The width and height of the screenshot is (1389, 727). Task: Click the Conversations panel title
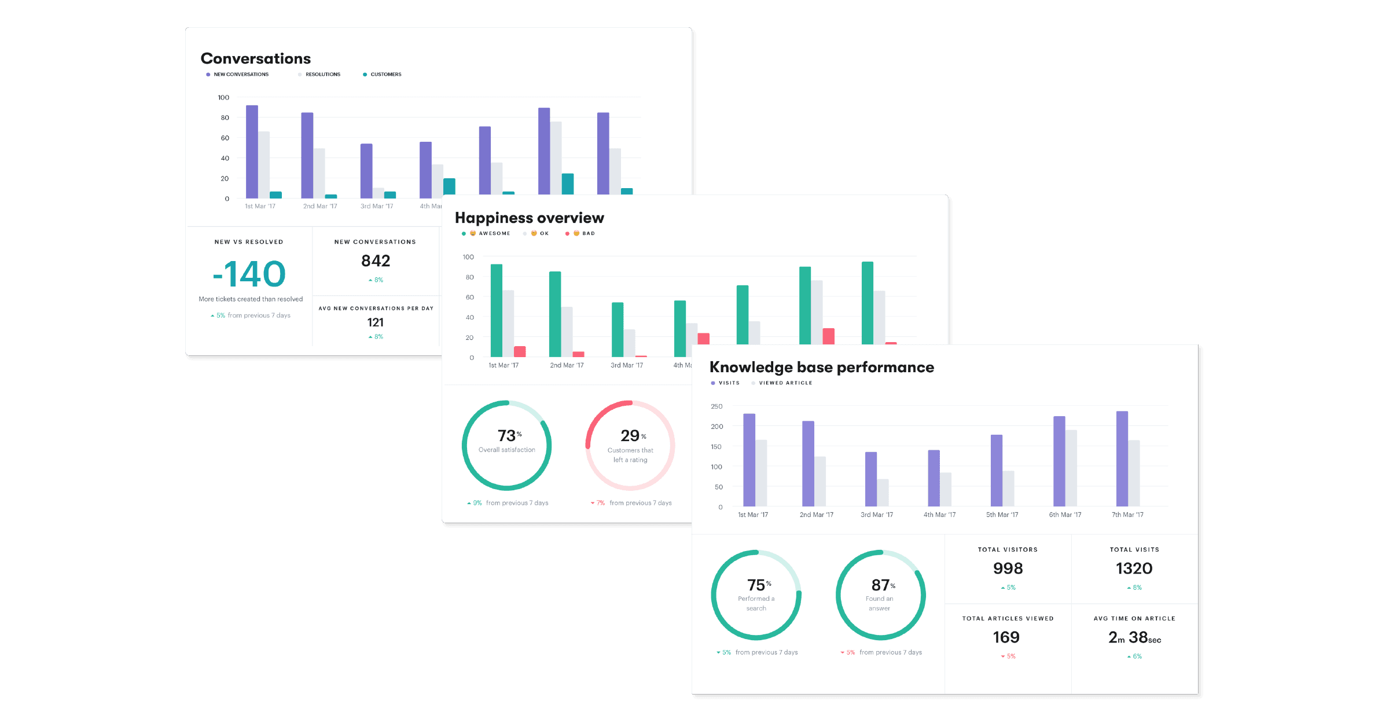point(255,58)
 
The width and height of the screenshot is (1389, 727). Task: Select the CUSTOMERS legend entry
point(385,75)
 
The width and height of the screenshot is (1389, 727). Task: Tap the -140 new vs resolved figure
point(249,274)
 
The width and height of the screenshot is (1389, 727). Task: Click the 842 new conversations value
point(376,261)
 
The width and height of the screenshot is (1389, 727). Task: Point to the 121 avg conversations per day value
point(375,322)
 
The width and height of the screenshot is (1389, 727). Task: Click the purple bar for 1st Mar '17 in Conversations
point(252,152)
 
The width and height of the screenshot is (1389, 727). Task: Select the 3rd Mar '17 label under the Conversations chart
point(377,206)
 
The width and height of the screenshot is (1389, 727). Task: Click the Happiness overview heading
point(529,218)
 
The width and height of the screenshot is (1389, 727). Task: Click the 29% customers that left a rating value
point(630,435)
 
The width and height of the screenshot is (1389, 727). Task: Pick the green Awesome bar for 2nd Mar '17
point(555,314)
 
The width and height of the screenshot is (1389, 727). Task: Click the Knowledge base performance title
point(821,367)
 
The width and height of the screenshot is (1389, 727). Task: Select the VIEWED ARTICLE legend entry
point(785,383)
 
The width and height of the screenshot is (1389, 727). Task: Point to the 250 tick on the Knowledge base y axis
point(716,406)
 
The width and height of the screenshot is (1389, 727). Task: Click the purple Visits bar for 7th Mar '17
point(1122,458)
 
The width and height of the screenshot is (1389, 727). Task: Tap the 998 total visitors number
point(1008,568)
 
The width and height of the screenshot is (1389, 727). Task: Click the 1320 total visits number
point(1134,568)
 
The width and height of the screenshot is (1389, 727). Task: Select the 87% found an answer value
point(880,585)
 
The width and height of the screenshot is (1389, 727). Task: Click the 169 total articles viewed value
point(1006,637)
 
